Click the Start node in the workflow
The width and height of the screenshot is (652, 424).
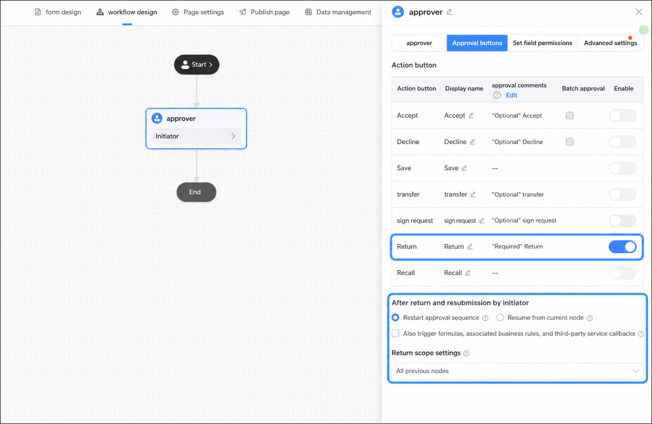click(x=196, y=64)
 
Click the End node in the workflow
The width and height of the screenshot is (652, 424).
click(x=196, y=192)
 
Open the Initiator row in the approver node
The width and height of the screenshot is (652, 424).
click(x=196, y=136)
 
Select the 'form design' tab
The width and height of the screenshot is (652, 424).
click(x=58, y=12)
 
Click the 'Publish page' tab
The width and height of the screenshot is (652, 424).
click(x=264, y=12)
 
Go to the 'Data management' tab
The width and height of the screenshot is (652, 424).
click(x=338, y=12)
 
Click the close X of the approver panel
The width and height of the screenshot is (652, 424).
click(x=639, y=12)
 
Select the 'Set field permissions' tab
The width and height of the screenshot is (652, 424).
click(x=542, y=43)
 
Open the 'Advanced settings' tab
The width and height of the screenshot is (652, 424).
click(x=610, y=43)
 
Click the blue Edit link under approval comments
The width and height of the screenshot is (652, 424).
click(x=511, y=95)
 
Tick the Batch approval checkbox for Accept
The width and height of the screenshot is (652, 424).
click(x=569, y=116)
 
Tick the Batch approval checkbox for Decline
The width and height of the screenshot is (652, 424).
click(x=569, y=142)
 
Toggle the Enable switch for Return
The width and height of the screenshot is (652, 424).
click(x=623, y=247)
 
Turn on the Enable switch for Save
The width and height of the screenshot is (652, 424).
click(x=623, y=168)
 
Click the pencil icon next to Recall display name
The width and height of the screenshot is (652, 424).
click(x=468, y=273)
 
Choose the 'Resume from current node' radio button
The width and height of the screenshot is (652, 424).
click(x=500, y=318)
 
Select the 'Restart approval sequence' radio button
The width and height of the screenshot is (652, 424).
click(x=395, y=318)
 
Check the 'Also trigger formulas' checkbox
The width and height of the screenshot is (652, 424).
click(x=395, y=333)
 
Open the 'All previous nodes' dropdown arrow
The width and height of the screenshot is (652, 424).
click(x=635, y=371)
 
